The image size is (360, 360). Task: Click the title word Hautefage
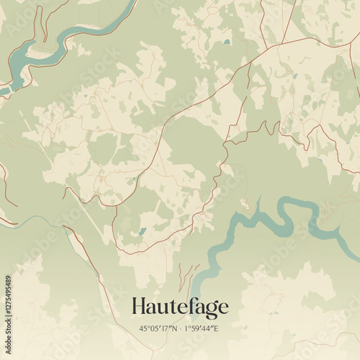(x=180, y=308)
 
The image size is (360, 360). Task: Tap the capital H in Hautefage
(x=139, y=307)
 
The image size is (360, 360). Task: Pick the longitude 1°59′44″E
(x=202, y=330)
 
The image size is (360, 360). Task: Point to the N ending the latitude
(x=174, y=330)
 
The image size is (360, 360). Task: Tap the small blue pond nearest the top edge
(x=227, y=42)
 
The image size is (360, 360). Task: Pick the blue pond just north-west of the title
(x=142, y=231)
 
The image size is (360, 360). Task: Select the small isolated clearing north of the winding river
(x=246, y=202)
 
